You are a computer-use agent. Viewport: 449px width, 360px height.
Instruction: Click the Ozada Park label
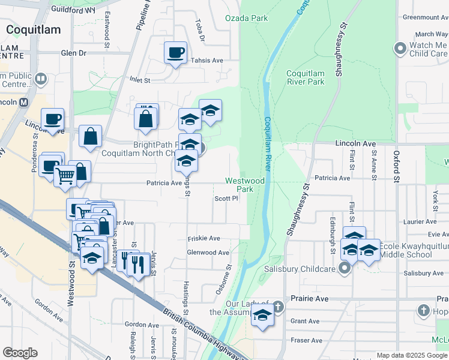pos(246,18)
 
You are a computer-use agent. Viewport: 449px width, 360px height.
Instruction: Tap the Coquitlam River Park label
pos(306,77)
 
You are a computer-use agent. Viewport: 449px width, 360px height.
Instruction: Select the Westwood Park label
pos(245,185)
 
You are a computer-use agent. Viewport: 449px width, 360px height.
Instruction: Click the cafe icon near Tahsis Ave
pos(175,53)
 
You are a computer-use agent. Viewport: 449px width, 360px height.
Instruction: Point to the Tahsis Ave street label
pos(206,61)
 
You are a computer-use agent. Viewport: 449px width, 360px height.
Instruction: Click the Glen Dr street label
pos(73,53)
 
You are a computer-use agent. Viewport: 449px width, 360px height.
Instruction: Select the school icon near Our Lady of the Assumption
pos(262,315)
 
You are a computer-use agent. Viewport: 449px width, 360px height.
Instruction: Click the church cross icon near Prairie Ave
pos(424,311)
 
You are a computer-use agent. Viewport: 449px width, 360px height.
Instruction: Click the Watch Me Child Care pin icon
pos(400,48)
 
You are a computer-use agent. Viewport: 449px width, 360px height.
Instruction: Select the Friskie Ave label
pos(205,238)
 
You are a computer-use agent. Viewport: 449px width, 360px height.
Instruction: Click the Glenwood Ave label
pos(208,253)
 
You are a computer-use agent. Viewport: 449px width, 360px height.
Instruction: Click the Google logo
pos(20,353)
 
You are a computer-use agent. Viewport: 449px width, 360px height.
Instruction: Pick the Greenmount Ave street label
pos(426,17)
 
